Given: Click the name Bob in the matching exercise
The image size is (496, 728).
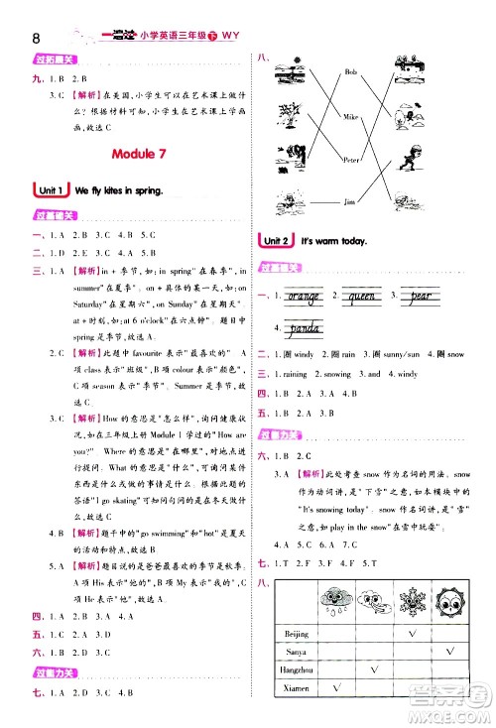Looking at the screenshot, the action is [x=349, y=72].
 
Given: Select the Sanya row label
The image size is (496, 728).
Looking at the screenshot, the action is [x=296, y=652].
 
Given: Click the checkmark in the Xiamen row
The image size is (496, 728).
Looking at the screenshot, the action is [x=335, y=688].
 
